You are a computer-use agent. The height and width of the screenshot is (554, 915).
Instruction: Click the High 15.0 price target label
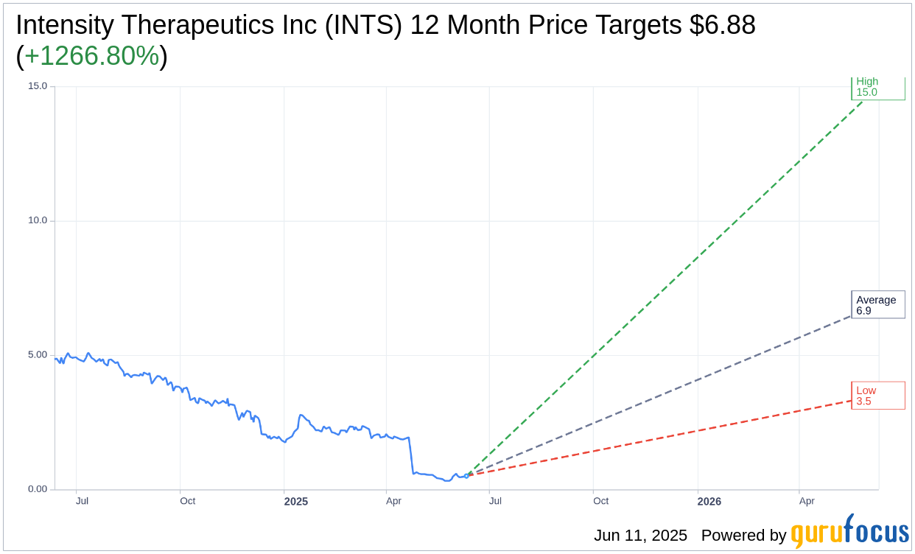click(x=877, y=88)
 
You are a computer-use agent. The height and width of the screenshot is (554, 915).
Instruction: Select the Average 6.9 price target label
click(x=877, y=305)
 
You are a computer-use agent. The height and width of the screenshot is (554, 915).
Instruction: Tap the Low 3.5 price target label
click(x=877, y=396)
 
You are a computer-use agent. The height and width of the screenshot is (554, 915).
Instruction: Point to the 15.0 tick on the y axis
click(x=38, y=86)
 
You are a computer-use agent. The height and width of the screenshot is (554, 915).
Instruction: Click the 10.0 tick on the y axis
click(x=38, y=220)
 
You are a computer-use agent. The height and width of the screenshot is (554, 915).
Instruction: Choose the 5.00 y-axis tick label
click(x=38, y=355)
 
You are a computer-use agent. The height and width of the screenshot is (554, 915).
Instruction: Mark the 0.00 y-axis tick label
click(x=38, y=489)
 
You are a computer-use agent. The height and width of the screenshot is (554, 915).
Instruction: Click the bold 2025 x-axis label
click(x=296, y=502)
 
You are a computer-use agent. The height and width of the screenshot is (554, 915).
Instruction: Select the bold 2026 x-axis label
click(x=709, y=502)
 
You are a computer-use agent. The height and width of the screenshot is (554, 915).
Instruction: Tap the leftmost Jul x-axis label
click(x=82, y=501)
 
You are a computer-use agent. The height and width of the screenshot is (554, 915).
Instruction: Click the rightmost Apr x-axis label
click(x=807, y=501)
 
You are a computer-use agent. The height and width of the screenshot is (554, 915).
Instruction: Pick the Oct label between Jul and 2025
click(x=188, y=501)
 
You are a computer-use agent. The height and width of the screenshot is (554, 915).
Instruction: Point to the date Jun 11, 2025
click(x=640, y=536)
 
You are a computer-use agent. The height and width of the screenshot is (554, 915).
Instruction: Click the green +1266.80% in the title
click(x=92, y=56)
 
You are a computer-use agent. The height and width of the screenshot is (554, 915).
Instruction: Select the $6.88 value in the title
click(x=722, y=25)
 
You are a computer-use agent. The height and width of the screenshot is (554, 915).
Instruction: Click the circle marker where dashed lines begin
click(x=466, y=476)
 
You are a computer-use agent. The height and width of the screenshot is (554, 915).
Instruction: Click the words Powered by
click(x=743, y=536)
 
